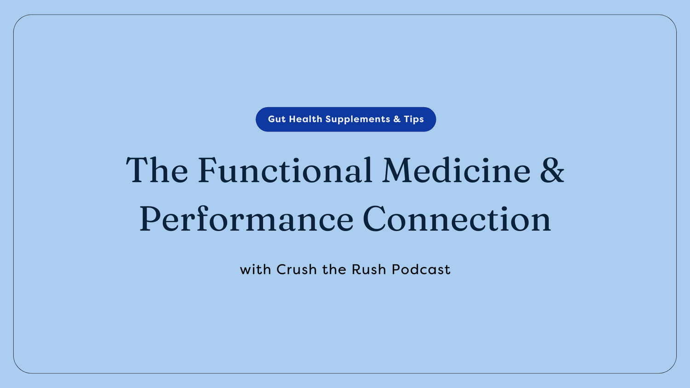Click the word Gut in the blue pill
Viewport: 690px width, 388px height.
tap(276, 119)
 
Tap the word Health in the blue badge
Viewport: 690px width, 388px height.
tap(305, 119)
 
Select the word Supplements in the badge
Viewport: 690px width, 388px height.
tap(358, 120)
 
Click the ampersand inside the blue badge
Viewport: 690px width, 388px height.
tap(397, 119)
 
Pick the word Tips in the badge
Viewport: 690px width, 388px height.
tap(414, 119)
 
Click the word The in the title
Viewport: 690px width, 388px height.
tap(157, 171)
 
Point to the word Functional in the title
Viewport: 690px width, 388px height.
tap(285, 171)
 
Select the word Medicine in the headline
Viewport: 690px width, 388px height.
tap(456, 171)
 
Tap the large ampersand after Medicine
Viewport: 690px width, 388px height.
tap(552, 171)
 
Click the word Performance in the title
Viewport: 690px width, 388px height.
tap(246, 219)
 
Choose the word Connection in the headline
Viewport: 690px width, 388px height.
tap(456, 219)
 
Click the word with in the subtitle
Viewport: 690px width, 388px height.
tap(255, 269)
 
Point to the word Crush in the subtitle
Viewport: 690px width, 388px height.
tap(297, 269)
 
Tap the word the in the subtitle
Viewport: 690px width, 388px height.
tap(334, 269)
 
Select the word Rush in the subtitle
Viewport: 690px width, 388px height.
tap(369, 269)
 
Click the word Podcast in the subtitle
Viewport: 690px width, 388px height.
tap(421, 269)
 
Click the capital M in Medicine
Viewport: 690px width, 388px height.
tap(398, 171)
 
